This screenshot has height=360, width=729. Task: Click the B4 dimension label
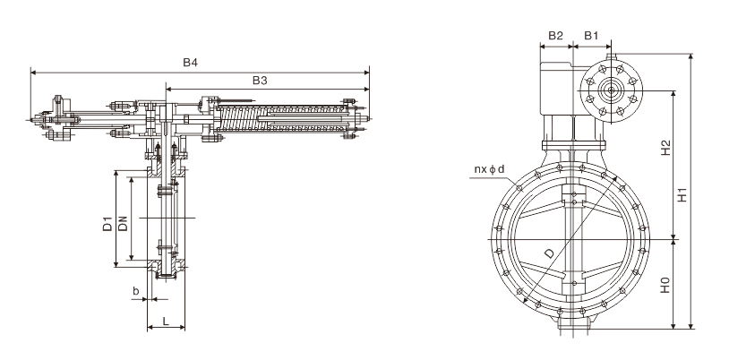(x=190, y=63)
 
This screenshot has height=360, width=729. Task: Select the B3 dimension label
(x=260, y=81)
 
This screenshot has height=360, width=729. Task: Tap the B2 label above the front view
(x=555, y=36)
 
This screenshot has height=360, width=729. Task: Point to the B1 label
(x=591, y=36)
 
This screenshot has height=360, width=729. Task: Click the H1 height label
(x=682, y=194)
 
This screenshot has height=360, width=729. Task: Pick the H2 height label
(x=665, y=148)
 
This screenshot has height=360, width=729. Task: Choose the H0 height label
(x=665, y=285)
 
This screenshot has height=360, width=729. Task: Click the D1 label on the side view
(x=107, y=224)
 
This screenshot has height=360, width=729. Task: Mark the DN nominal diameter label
(x=123, y=224)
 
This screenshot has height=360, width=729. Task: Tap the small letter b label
(x=136, y=291)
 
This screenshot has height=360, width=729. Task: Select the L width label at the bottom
(x=166, y=321)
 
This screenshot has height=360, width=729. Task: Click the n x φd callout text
(x=489, y=169)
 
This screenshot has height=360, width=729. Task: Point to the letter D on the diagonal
(x=550, y=253)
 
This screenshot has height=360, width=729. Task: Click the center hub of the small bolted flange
(x=611, y=91)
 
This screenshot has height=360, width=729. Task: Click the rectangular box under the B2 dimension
(x=556, y=89)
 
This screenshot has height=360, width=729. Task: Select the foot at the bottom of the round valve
(x=574, y=321)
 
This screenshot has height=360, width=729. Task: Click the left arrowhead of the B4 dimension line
(x=33, y=73)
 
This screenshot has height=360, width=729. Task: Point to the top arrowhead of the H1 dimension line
(x=690, y=56)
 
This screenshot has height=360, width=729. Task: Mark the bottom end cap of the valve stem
(x=166, y=277)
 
